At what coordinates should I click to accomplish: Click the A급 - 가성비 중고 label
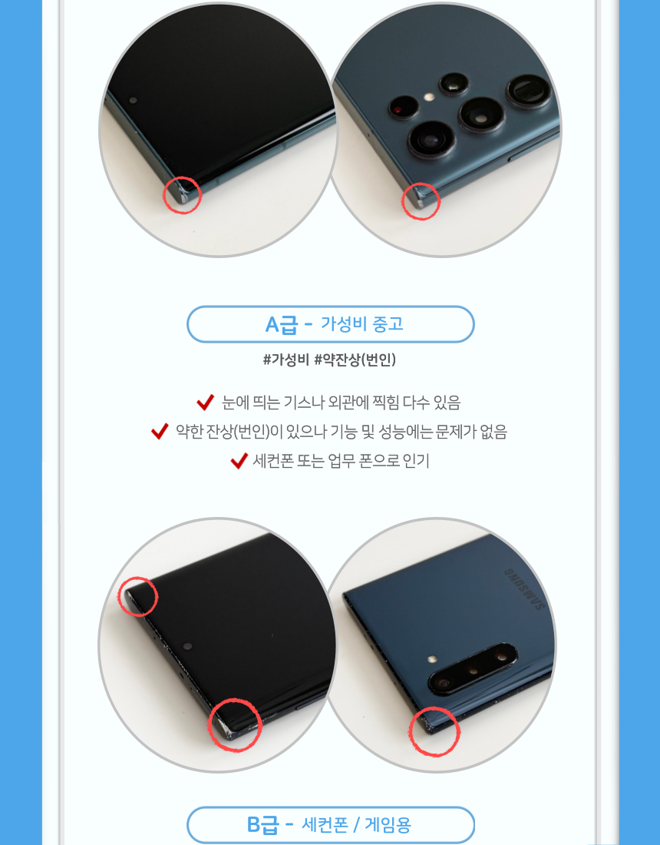pos(331,324)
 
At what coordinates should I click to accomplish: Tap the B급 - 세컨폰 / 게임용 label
pos(331,824)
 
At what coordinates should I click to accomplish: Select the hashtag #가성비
pos(285,360)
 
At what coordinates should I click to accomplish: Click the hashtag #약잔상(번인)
pos(355,360)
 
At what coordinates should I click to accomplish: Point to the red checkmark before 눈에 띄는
pos(205,402)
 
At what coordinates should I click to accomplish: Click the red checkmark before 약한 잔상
pos(160,431)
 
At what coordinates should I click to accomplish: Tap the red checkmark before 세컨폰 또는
pos(239,461)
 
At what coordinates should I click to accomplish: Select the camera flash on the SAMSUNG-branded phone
pos(432,659)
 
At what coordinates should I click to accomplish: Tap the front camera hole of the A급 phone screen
pos(133,100)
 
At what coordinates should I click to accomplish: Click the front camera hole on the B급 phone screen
pos(187,645)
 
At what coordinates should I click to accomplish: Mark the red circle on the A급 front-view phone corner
pos(183,194)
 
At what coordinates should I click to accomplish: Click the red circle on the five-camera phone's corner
pos(421,201)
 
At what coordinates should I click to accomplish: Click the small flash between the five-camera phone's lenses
pos(429,98)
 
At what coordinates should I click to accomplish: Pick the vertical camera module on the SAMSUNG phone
pos(472,668)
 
